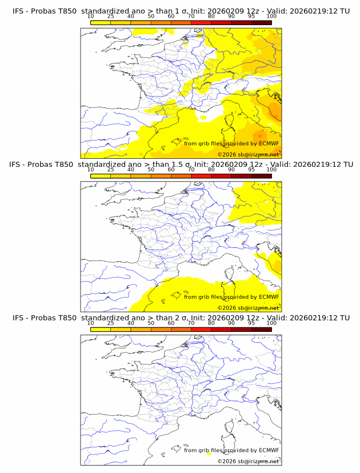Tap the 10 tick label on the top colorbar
point(90,17)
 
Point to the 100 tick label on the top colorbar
point(271,17)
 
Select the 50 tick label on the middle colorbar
point(151,170)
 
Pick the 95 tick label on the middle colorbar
point(251,170)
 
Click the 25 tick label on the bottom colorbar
point(110,323)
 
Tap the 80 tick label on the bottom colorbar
point(211,323)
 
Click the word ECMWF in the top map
point(269,143)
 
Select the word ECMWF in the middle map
point(269,296)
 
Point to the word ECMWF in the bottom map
point(269,450)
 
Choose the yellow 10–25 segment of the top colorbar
point(100,22)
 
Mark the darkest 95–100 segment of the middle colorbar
point(261,175)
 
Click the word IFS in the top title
point(19,11)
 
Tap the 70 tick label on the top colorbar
point(191,17)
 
